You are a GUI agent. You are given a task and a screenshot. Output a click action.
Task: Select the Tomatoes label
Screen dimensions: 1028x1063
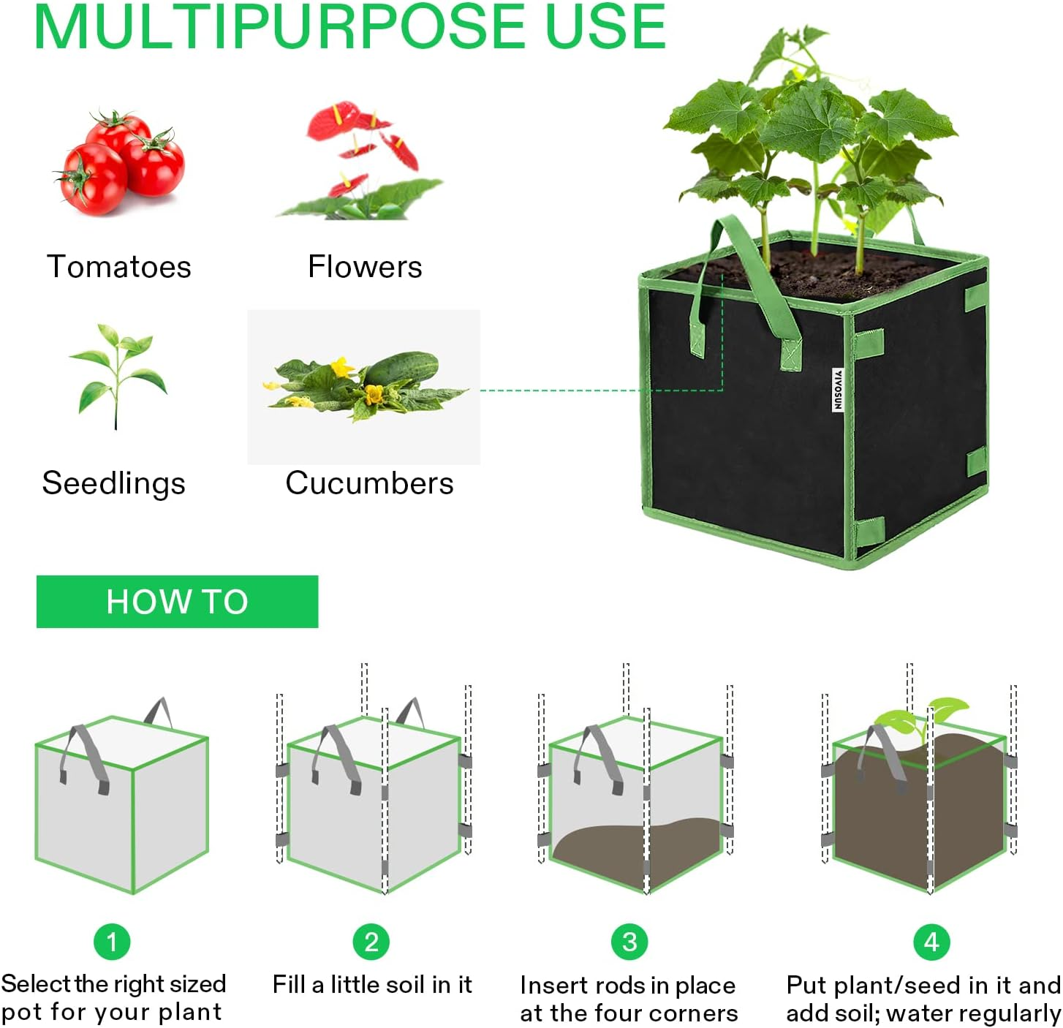[118, 267]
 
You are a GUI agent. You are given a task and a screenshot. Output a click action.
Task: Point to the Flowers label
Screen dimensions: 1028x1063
[365, 267]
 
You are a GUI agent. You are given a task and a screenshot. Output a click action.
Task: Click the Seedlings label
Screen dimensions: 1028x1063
[114, 483]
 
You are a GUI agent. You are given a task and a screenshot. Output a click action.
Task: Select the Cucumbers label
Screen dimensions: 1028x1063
[369, 483]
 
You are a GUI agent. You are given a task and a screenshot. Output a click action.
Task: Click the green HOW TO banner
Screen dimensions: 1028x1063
[177, 602]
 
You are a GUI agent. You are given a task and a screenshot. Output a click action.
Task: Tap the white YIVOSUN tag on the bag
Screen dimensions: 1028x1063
[838, 390]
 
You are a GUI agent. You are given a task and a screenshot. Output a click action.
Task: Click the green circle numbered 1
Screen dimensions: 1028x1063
[112, 942]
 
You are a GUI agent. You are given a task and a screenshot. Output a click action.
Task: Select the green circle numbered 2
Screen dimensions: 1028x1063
[371, 942]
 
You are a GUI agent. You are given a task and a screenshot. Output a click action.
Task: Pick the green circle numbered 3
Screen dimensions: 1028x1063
[629, 942]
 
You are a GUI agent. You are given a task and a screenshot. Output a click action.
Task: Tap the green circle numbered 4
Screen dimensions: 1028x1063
[931, 942]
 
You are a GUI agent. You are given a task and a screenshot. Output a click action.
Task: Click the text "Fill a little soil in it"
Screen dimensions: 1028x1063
[372, 985]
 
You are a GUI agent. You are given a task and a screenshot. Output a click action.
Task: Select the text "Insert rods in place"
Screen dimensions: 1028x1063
[627, 986]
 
